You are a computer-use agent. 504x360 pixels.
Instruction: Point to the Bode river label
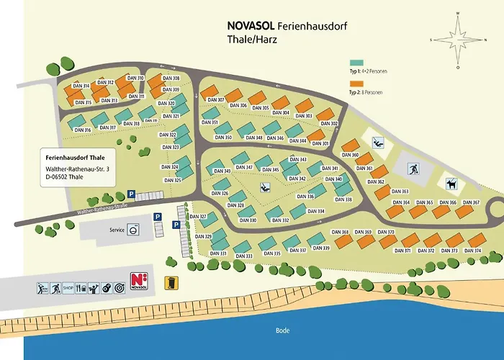282,330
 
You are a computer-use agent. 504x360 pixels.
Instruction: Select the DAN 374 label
473,251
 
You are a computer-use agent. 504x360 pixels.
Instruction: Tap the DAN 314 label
81,86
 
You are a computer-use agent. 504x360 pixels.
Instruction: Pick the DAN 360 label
350,155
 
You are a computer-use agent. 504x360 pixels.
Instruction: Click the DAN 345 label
271,169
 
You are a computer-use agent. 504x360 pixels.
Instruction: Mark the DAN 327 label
198,216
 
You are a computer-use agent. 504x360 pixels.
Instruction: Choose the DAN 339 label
321,248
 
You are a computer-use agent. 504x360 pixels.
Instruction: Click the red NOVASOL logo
139,282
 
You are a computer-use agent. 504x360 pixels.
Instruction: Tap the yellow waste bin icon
171,282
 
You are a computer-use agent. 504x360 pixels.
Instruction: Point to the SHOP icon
68,288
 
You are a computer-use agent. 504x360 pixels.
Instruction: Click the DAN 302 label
329,123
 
